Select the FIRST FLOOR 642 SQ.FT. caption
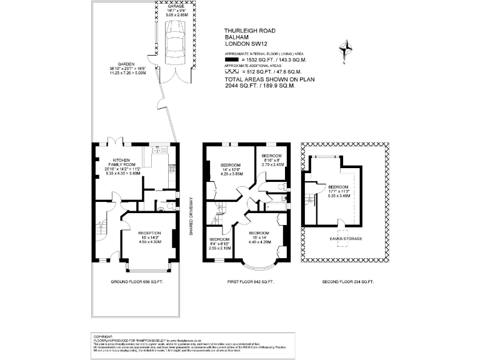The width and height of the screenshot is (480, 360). [x=250, y=282]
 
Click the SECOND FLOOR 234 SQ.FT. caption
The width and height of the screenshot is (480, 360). [x=347, y=282]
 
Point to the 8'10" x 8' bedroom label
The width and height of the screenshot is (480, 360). [x=272, y=160]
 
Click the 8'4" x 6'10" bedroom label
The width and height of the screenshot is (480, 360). [x=219, y=243]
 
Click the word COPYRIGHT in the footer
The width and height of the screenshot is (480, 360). [x=104, y=335]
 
